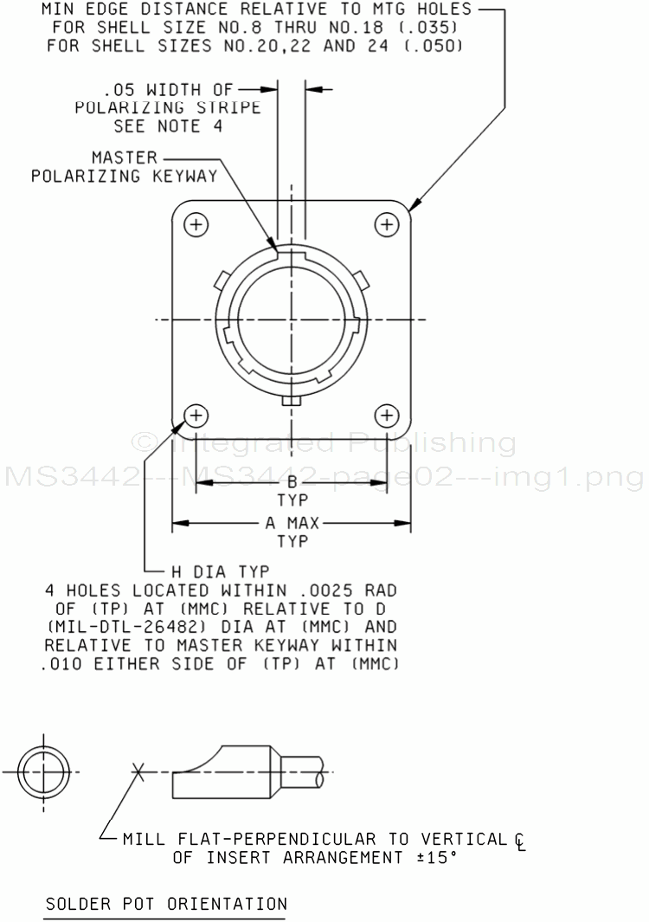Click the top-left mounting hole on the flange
[196, 224]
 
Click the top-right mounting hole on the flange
[387, 224]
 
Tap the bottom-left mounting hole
[196, 416]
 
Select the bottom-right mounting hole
[387, 416]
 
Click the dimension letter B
[292, 483]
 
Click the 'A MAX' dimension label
[292, 523]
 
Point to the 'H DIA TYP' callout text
[221, 571]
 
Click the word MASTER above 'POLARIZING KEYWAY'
[125, 158]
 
